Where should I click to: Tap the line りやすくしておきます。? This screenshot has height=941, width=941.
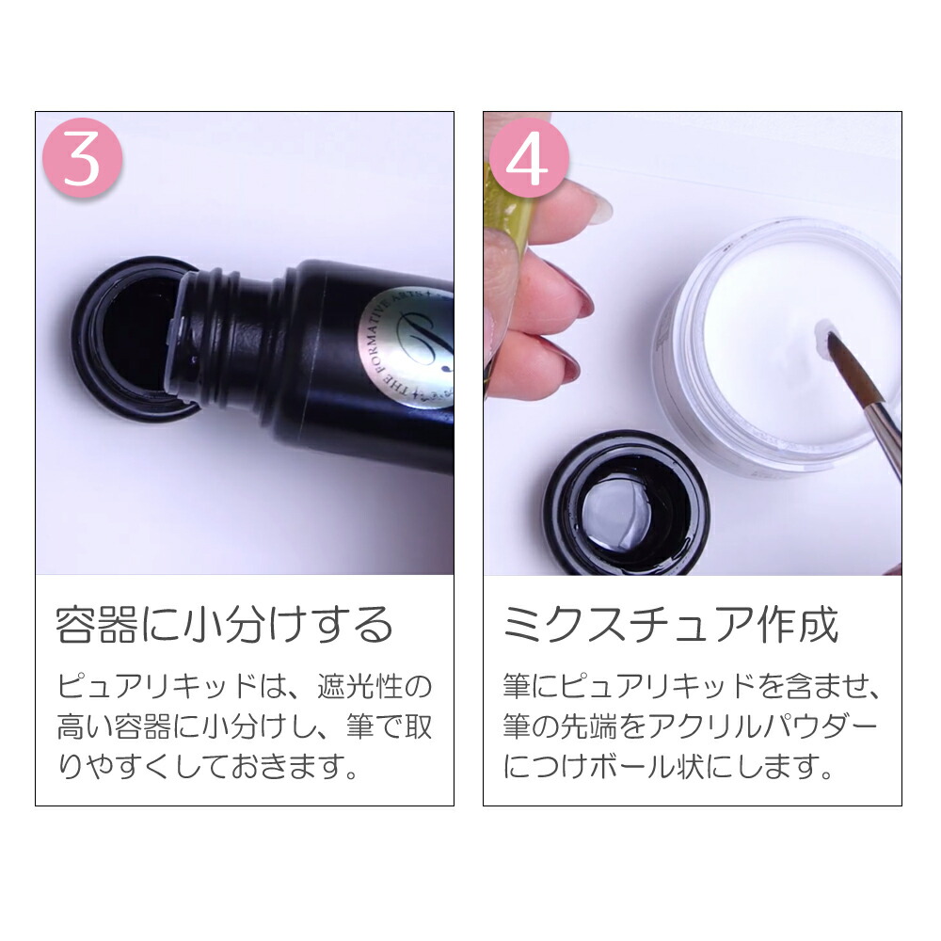tap(209, 768)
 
